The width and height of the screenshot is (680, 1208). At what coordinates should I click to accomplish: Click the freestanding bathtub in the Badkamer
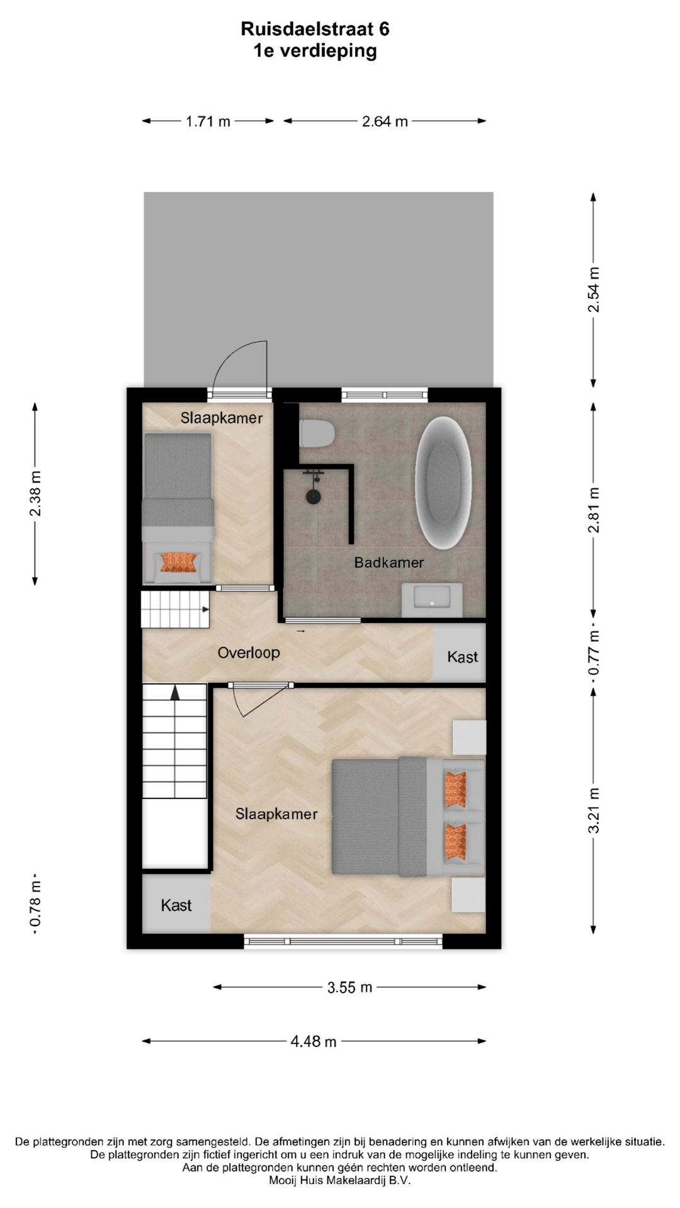443,483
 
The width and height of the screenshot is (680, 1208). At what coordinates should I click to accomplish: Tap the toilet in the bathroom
317,433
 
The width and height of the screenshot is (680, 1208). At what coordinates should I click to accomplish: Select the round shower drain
314,497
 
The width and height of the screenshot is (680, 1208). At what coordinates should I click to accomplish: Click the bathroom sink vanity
432,600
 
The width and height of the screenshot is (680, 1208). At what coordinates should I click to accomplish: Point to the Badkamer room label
388,562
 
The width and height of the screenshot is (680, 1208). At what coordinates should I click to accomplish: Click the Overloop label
249,652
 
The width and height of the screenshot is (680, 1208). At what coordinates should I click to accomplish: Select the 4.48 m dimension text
314,1041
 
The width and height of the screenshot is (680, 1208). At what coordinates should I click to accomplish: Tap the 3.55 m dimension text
349,987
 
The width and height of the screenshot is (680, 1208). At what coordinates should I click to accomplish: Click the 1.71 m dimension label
208,121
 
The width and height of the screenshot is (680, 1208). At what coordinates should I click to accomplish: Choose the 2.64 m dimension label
385,121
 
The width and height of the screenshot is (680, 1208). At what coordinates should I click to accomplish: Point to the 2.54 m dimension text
594,289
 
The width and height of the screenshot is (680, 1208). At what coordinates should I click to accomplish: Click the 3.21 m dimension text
594,810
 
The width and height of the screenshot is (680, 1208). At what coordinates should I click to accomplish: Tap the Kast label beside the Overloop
462,657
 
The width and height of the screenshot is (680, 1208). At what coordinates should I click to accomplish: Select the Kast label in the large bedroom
176,905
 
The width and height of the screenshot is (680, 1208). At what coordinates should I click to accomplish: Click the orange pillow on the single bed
179,562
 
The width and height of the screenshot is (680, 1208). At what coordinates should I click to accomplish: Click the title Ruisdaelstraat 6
315,29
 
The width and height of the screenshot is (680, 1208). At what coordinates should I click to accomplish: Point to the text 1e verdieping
315,51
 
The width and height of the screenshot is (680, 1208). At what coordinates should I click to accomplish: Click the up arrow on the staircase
175,693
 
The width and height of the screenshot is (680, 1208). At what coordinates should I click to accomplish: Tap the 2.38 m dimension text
35,493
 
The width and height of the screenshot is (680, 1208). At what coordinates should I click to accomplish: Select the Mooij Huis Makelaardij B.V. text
339,1180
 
